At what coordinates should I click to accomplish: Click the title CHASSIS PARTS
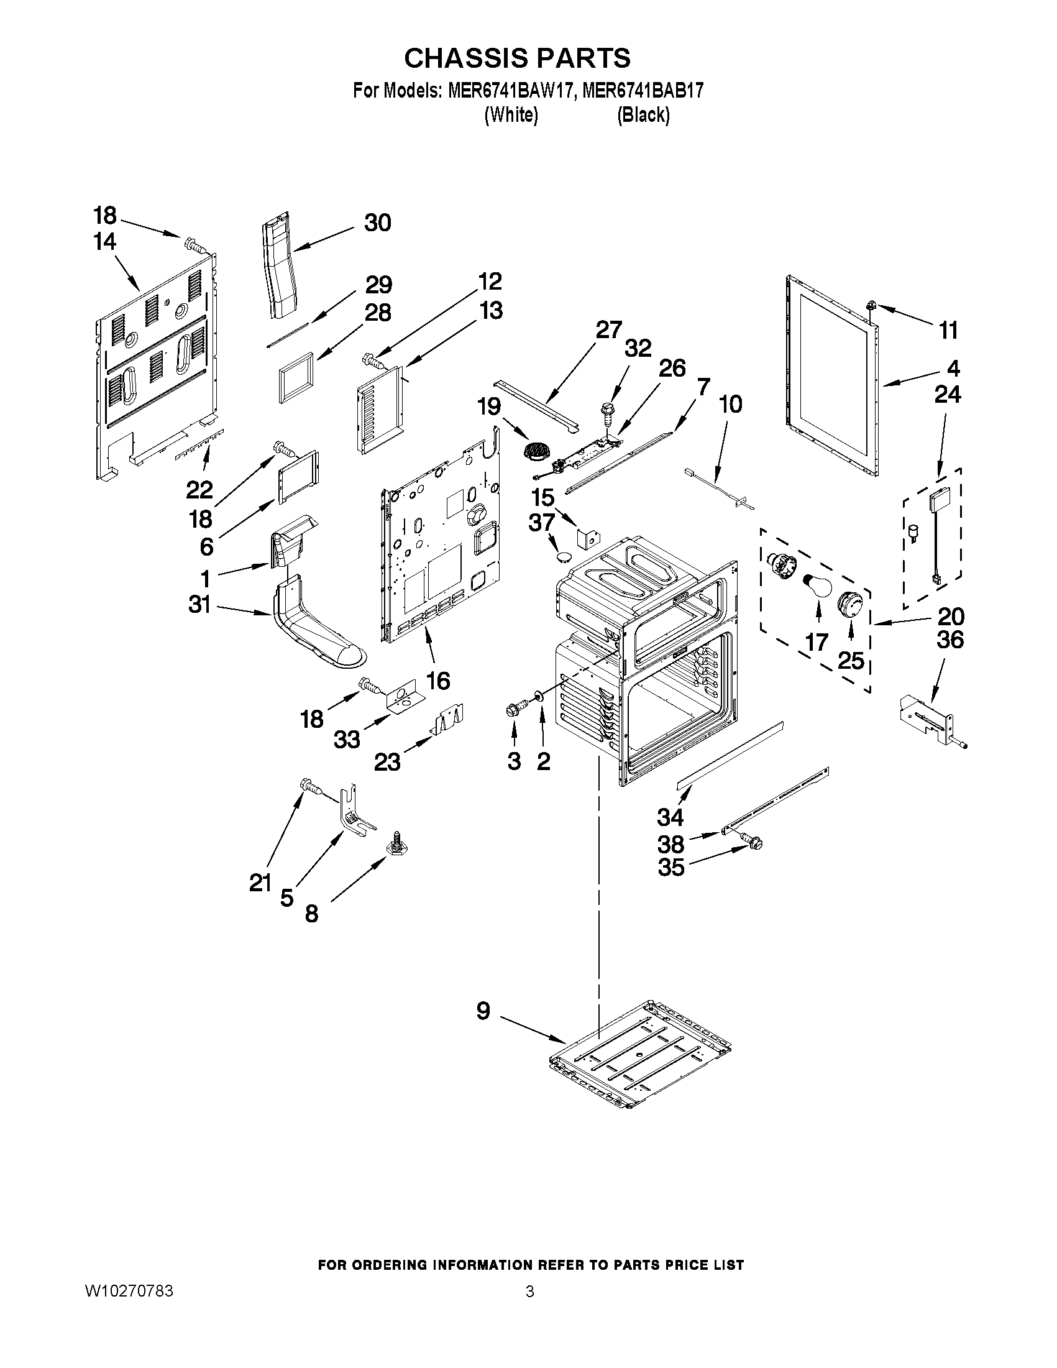tap(516, 58)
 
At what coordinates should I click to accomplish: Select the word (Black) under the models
tap(643, 115)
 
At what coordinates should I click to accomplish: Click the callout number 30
tap(378, 223)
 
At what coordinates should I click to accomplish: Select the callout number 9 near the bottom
tap(483, 1011)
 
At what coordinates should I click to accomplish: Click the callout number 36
tap(950, 640)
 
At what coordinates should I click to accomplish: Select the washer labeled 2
tap(538, 696)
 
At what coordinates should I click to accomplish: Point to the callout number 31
tap(199, 605)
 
